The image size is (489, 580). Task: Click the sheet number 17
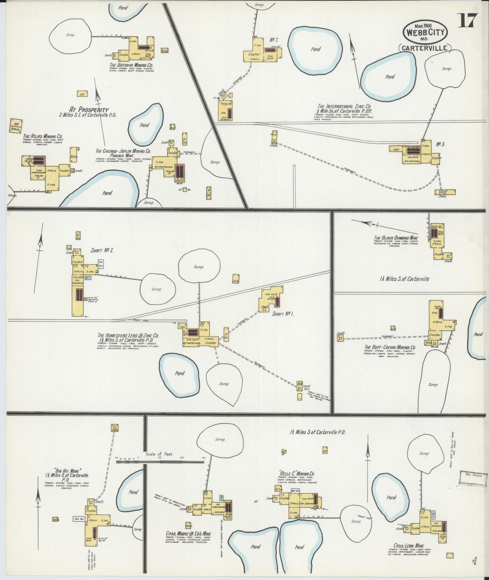(x=468, y=21)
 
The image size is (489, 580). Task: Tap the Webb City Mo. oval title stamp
(x=425, y=33)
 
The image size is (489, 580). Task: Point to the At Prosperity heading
(x=89, y=109)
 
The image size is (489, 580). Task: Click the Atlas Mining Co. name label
(x=43, y=137)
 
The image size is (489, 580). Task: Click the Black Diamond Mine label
(x=396, y=238)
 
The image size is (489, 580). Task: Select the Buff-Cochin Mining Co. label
(x=390, y=347)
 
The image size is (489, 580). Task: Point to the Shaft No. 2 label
(x=102, y=250)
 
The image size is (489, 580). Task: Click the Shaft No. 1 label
(x=283, y=314)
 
